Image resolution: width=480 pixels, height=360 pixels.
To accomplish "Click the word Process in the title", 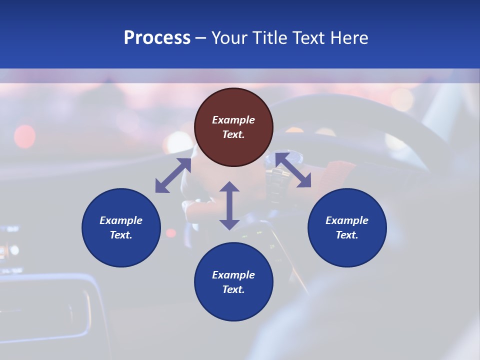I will point(157,38).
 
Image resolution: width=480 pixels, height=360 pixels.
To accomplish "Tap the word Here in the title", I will point(350,38).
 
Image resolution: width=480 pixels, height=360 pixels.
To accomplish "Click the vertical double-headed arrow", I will point(229,205).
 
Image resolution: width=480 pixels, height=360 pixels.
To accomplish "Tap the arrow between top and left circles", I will point(173,175).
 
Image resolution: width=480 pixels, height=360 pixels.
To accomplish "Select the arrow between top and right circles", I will point(293,170).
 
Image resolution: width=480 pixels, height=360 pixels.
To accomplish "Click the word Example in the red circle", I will point(233,120).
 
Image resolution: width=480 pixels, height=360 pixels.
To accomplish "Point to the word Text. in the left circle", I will point(121,235).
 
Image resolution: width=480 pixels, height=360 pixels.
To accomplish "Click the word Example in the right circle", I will point(347,220).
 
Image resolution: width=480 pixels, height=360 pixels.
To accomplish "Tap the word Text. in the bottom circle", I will point(233,289).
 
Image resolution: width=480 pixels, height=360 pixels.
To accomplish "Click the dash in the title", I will point(201,38).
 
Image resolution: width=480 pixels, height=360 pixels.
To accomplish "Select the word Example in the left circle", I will point(121,220).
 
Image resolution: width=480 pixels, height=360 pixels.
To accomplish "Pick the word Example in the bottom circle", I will point(233,275).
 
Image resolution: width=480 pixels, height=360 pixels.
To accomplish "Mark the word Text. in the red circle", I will point(233,134).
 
